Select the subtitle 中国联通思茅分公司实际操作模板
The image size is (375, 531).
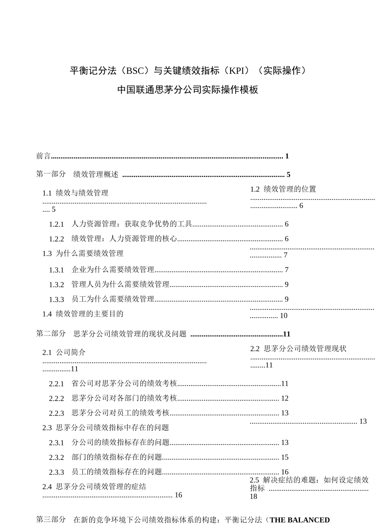click(187, 90)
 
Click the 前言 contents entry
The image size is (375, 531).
click(43, 156)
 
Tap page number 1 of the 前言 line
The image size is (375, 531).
click(287, 156)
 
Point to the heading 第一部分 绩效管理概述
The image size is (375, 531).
click(77, 174)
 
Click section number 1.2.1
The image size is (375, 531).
click(56, 224)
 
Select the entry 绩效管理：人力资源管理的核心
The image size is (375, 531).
click(124, 239)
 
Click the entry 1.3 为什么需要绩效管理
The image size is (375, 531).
click(83, 254)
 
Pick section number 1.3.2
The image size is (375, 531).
click(56, 285)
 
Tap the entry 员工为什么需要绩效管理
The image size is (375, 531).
click(113, 299)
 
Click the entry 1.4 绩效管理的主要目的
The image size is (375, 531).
click(83, 314)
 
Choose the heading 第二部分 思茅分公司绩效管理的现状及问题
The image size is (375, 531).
click(111, 334)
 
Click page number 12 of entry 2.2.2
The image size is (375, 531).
click(285, 398)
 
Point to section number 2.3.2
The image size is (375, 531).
click(56, 458)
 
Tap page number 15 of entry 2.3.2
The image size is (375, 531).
click(285, 458)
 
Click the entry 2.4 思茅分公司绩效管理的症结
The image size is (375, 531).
click(94, 487)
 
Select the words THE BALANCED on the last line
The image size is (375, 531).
click(300, 520)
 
